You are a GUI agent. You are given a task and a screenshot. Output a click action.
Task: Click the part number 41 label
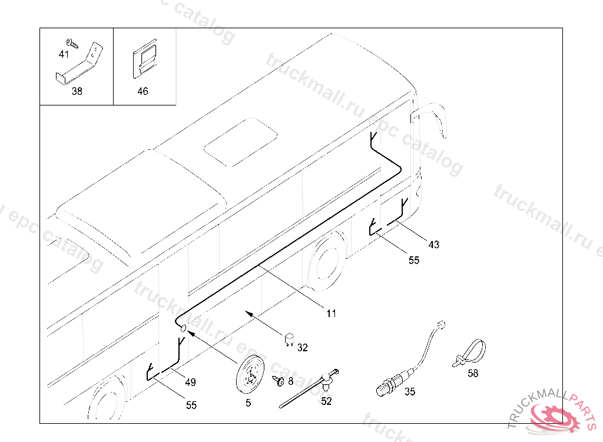pyautogui.click(x=64, y=54)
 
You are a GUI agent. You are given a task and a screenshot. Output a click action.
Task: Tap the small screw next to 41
pyautogui.click(x=72, y=43)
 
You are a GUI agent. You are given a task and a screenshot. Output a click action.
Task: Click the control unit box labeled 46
pyautogui.click(x=145, y=59)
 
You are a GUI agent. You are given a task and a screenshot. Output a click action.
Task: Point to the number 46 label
pyautogui.click(x=143, y=91)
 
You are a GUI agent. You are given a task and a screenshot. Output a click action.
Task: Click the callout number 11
pyautogui.click(x=332, y=314)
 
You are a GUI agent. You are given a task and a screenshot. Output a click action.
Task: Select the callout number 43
pyautogui.click(x=434, y=245)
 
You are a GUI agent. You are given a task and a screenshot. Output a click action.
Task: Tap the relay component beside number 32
pyautogui.click(x=289, y=339)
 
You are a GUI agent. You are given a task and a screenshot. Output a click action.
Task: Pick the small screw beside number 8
pyautogui.click(x=279, y=381)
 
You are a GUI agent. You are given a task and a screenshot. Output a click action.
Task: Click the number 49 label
pyautogui.click(x=190, y=382)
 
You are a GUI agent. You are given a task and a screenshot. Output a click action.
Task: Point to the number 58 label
pyautogui.click(x=473, y=373)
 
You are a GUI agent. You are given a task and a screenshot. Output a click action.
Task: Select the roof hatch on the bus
pyautogui.click(x=241, y=143)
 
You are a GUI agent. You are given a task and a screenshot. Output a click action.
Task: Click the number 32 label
pyautogui.click(x=303, y=348)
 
